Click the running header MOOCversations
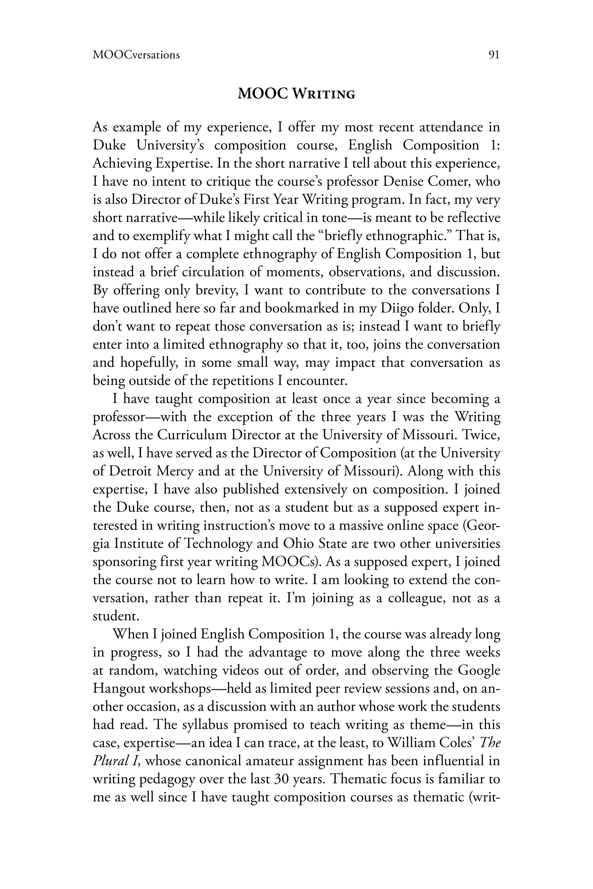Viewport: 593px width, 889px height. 136,55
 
